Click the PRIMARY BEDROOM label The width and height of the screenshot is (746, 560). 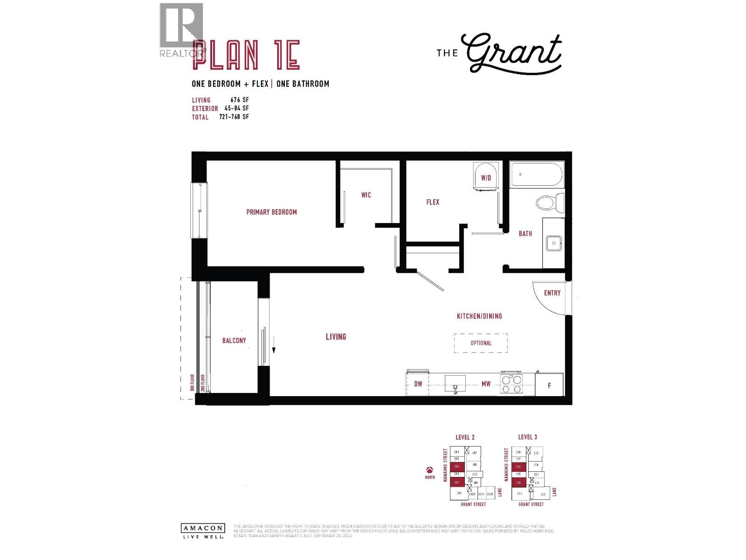[271, 212]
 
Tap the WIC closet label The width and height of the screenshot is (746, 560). [366, 195]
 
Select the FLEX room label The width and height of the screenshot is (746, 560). [433, 202]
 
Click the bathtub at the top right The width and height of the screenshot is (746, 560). [536, 174]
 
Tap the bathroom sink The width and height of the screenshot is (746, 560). [554, 243]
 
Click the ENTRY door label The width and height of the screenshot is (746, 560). [552, 293]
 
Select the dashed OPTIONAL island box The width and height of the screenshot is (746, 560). [481, 343]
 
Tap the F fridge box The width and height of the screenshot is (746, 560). [549, 385]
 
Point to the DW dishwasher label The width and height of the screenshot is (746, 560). [418, 384]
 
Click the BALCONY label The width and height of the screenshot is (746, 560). [234, 341]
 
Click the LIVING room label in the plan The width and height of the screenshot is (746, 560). [336, 336]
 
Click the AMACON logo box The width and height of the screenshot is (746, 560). [202, 528]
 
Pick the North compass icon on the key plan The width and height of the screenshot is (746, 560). [429, 470]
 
